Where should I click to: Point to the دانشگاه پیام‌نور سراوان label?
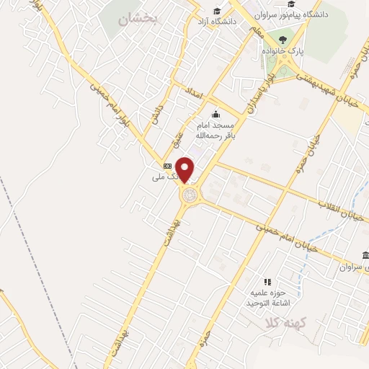coord(320,14)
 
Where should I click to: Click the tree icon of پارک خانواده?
coord(281,40)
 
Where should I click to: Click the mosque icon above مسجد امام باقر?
coord(215,114)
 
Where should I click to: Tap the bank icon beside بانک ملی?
coord(167,166)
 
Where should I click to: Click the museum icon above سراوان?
coord(366,257)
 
